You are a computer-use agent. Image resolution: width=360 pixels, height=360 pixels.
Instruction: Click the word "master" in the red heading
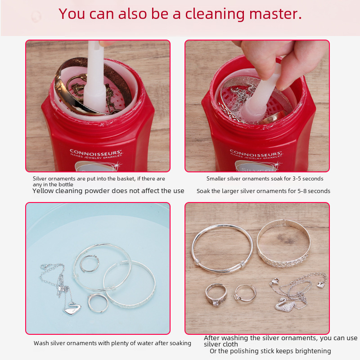pos(275,14)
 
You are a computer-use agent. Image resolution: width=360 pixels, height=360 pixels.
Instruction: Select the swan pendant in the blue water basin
pos(72,309)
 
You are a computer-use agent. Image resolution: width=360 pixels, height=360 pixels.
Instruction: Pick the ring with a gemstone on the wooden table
pos(216,295)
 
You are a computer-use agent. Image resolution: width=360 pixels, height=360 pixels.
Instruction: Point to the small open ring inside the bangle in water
pos(90,263)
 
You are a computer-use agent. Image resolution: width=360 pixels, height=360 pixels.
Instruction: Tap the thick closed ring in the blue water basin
pos(98,303)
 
